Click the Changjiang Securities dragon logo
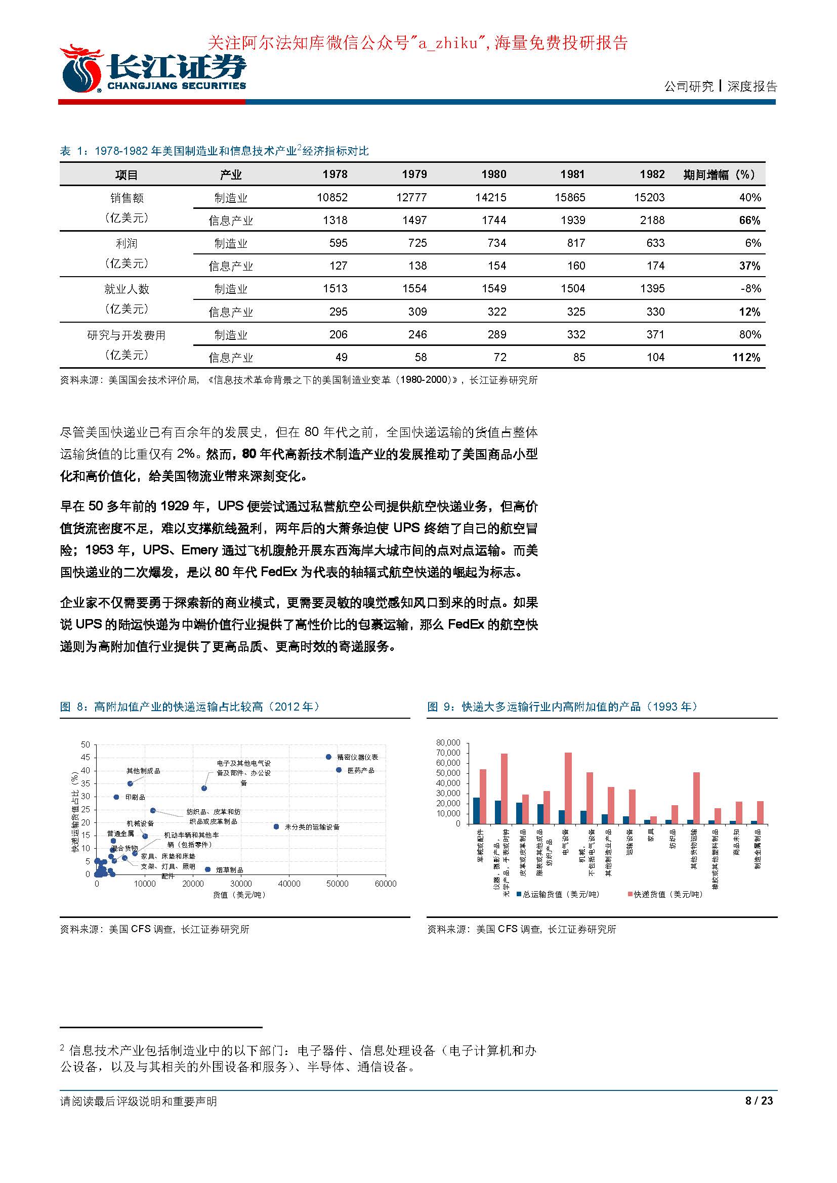[81, 69]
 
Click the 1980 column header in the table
[493, 174]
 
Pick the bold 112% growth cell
[746, 357]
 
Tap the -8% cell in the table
[750, 288]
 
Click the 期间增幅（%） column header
[719, 174]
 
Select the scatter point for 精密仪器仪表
[328, 757]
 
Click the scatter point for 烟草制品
[207, 869]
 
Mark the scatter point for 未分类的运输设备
[276, 826]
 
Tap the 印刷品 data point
[116, 797]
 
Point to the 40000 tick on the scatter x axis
[289, 884]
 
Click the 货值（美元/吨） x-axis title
[239, 895]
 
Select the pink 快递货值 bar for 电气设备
[568, 788]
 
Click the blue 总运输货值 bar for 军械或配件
[476, 810]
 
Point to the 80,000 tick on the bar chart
[448, 742]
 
